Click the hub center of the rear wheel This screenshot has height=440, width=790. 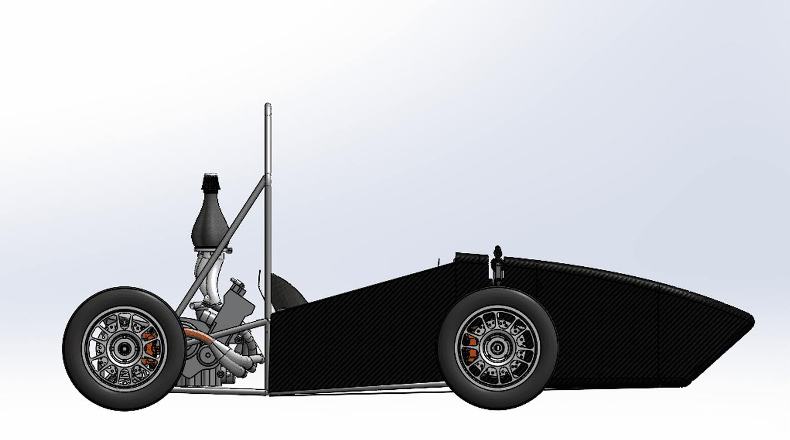pos(123,349)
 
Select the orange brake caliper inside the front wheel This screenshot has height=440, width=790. pos(470,346)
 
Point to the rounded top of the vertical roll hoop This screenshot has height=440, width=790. pos(267,106)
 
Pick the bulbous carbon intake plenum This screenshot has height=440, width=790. pos(209,223)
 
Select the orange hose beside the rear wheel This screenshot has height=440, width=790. pos(198,334)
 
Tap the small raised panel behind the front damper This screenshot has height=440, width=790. pos(471,259)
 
